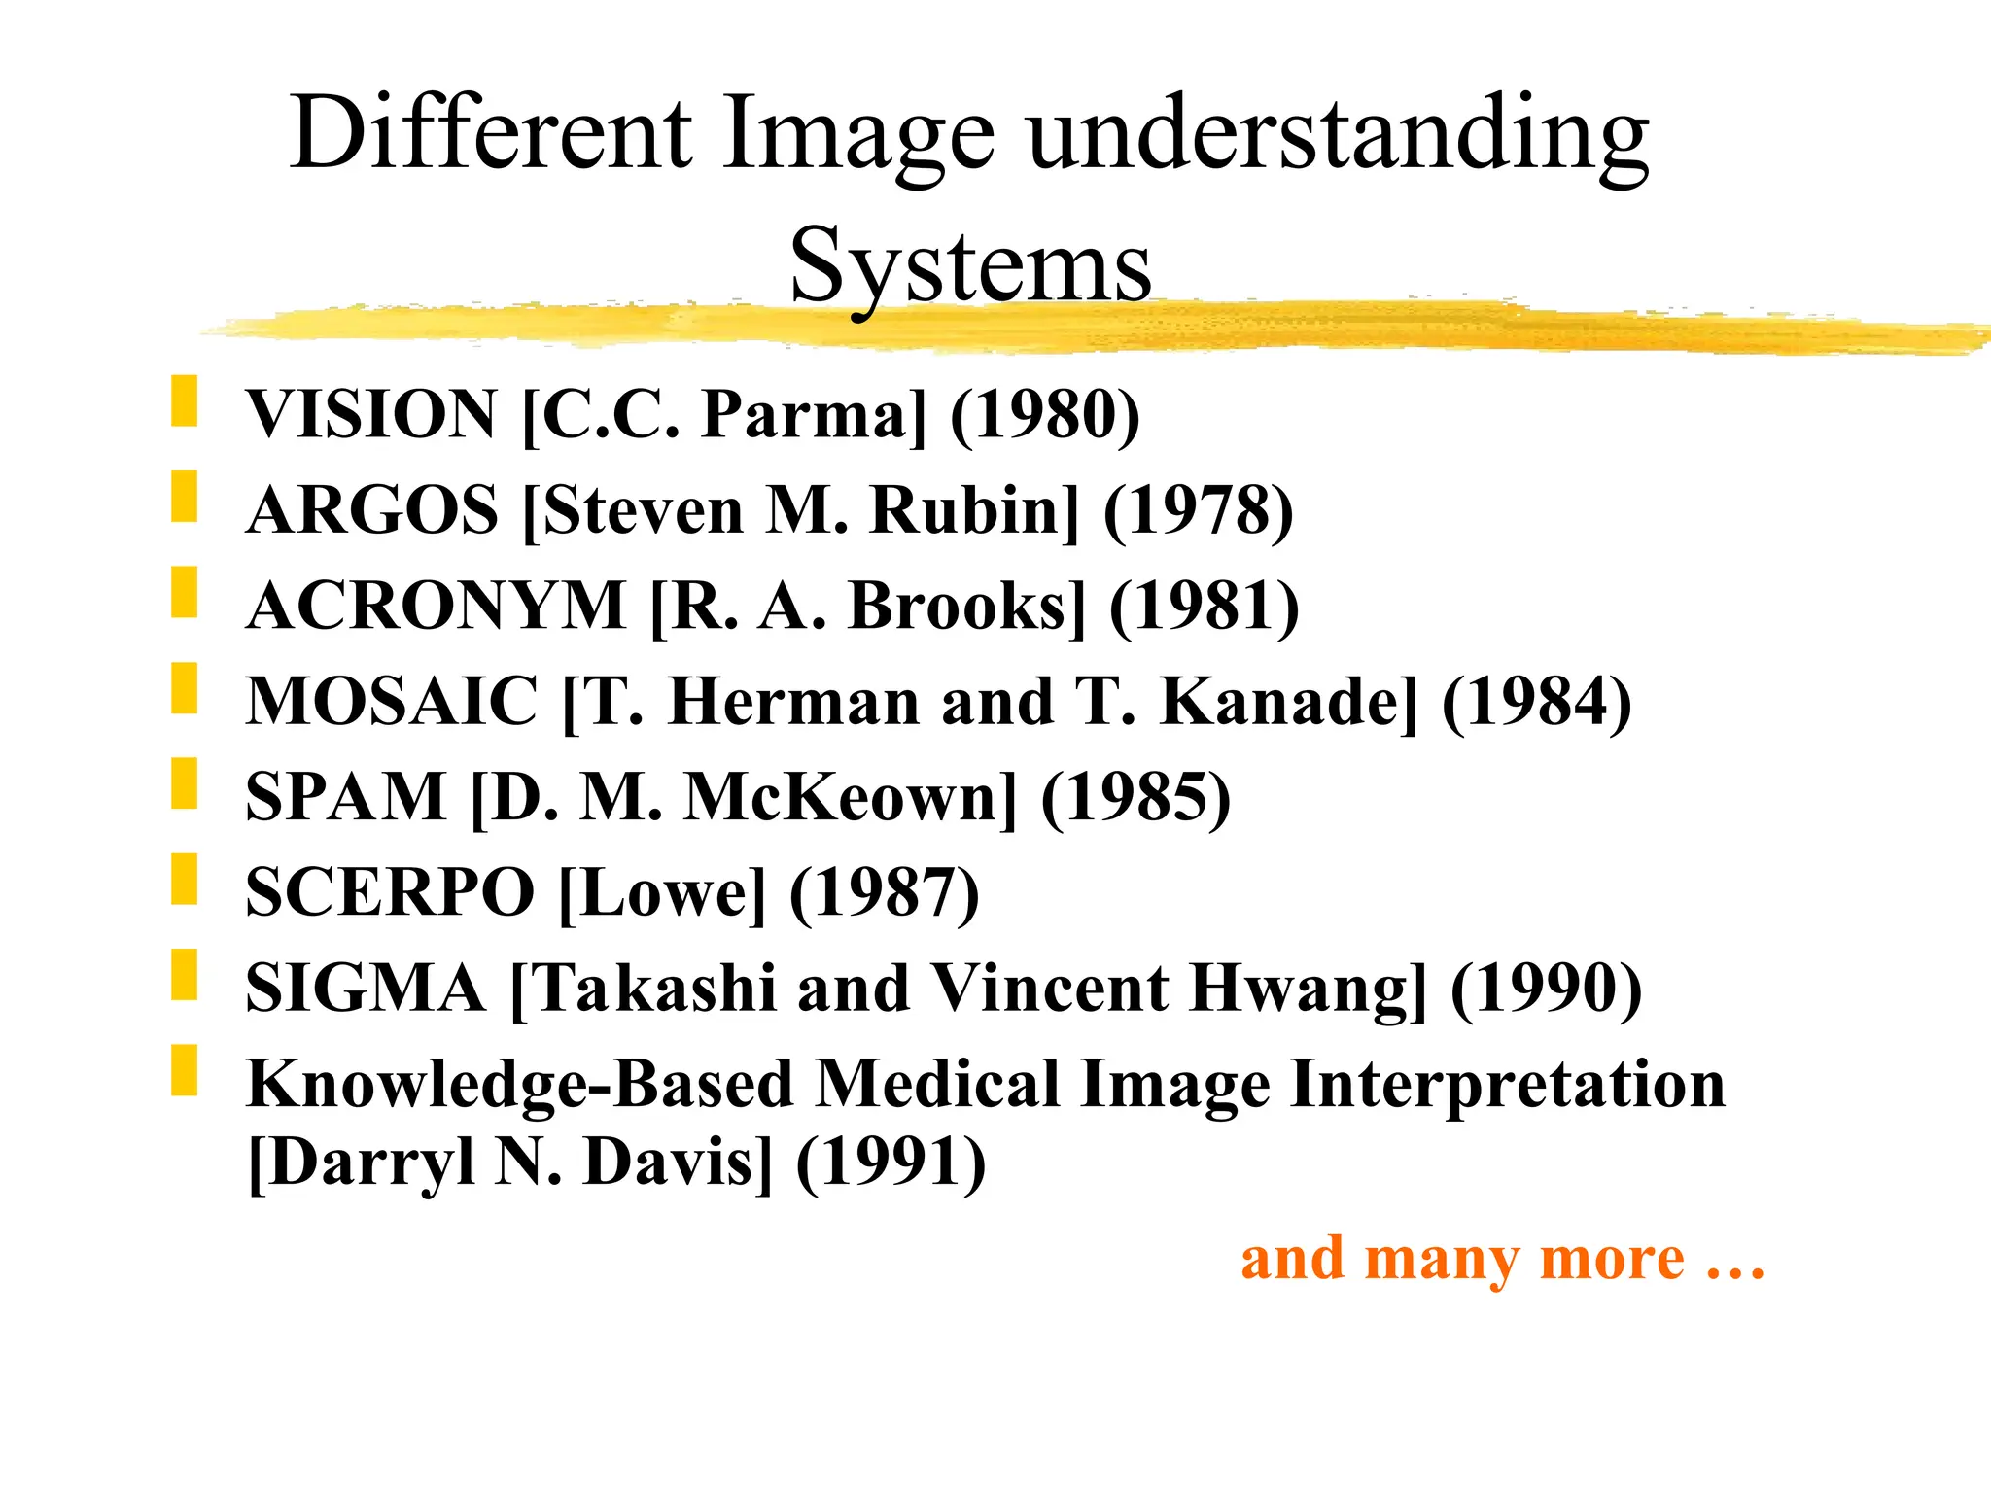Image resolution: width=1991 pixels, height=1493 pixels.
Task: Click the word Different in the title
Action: pos(491,134)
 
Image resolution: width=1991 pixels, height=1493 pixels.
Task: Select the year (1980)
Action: pos(1045,415)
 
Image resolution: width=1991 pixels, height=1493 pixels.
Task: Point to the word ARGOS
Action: pos(372,510)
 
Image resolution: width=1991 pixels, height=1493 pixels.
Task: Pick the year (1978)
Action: pos(1199,510)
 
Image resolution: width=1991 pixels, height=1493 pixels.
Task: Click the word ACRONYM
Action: pos(437,606)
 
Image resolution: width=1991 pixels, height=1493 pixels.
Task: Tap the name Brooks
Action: pos(966,606)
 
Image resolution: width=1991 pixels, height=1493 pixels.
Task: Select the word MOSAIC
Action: pos(392,701)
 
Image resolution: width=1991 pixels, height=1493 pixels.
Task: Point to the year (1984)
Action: pos(1537,701)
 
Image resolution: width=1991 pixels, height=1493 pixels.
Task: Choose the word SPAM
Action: pos(346,796)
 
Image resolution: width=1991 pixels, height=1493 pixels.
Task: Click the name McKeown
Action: pos(850,796)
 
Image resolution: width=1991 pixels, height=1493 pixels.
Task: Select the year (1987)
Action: pos(885,892)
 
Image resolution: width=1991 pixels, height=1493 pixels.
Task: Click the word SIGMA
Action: pos(366,988)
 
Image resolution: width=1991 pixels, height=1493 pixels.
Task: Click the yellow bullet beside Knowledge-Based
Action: pos(184,1070)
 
